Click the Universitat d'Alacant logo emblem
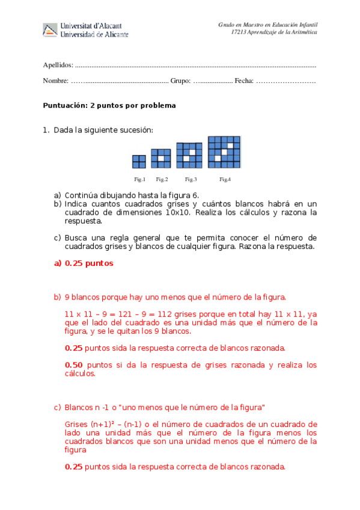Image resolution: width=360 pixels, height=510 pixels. click(50, 29)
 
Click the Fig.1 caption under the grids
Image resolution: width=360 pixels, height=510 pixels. click(139, 179)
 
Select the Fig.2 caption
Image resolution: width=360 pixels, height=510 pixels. click(162, 179)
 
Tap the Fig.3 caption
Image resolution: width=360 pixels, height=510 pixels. click(191, 179)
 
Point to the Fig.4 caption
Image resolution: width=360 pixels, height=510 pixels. click(225, 179)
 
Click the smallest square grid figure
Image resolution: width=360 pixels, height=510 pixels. click(139, 161)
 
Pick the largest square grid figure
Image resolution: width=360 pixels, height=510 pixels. click(224, 152)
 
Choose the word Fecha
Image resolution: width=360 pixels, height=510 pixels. click(244, 81)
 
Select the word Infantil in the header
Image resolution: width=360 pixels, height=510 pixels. click(307, 25)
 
